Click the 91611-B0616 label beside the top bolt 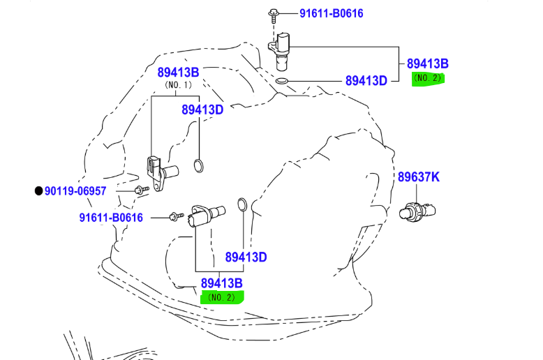331,13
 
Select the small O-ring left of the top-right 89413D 281,82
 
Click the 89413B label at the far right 428,63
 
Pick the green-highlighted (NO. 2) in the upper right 428,78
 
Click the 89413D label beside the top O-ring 366,81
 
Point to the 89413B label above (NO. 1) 179,73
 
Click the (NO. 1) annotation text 179,85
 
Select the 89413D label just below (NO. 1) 202,110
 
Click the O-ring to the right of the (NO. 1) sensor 198,166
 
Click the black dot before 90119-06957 39,190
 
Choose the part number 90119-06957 75,191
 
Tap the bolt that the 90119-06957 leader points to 141,190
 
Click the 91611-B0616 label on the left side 111,218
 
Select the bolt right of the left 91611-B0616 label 177,216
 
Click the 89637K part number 418,177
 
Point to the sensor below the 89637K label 417,211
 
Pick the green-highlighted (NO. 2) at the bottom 222,297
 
